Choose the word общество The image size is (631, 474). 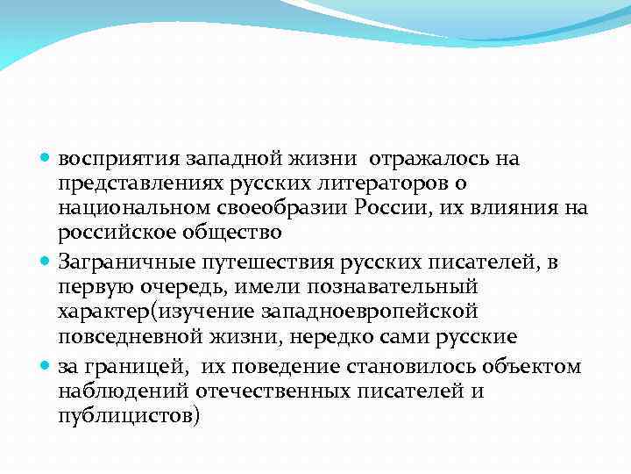237,233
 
